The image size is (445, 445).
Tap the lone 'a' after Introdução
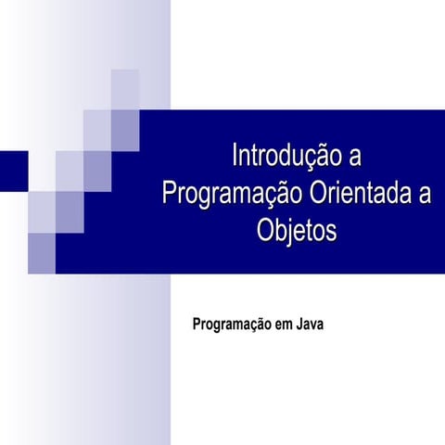point(351,155)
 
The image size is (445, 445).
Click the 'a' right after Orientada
point(425,194)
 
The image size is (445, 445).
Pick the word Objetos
point(297,232)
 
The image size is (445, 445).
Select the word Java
point(310,325)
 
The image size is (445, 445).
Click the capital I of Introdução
point(235,154)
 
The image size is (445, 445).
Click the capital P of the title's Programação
point(169,194)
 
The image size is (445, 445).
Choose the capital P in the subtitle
point(196,325)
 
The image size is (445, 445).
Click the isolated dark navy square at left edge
point(13,170)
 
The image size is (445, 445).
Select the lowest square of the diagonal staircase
point(42,253)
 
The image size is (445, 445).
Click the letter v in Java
point(313,326)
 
